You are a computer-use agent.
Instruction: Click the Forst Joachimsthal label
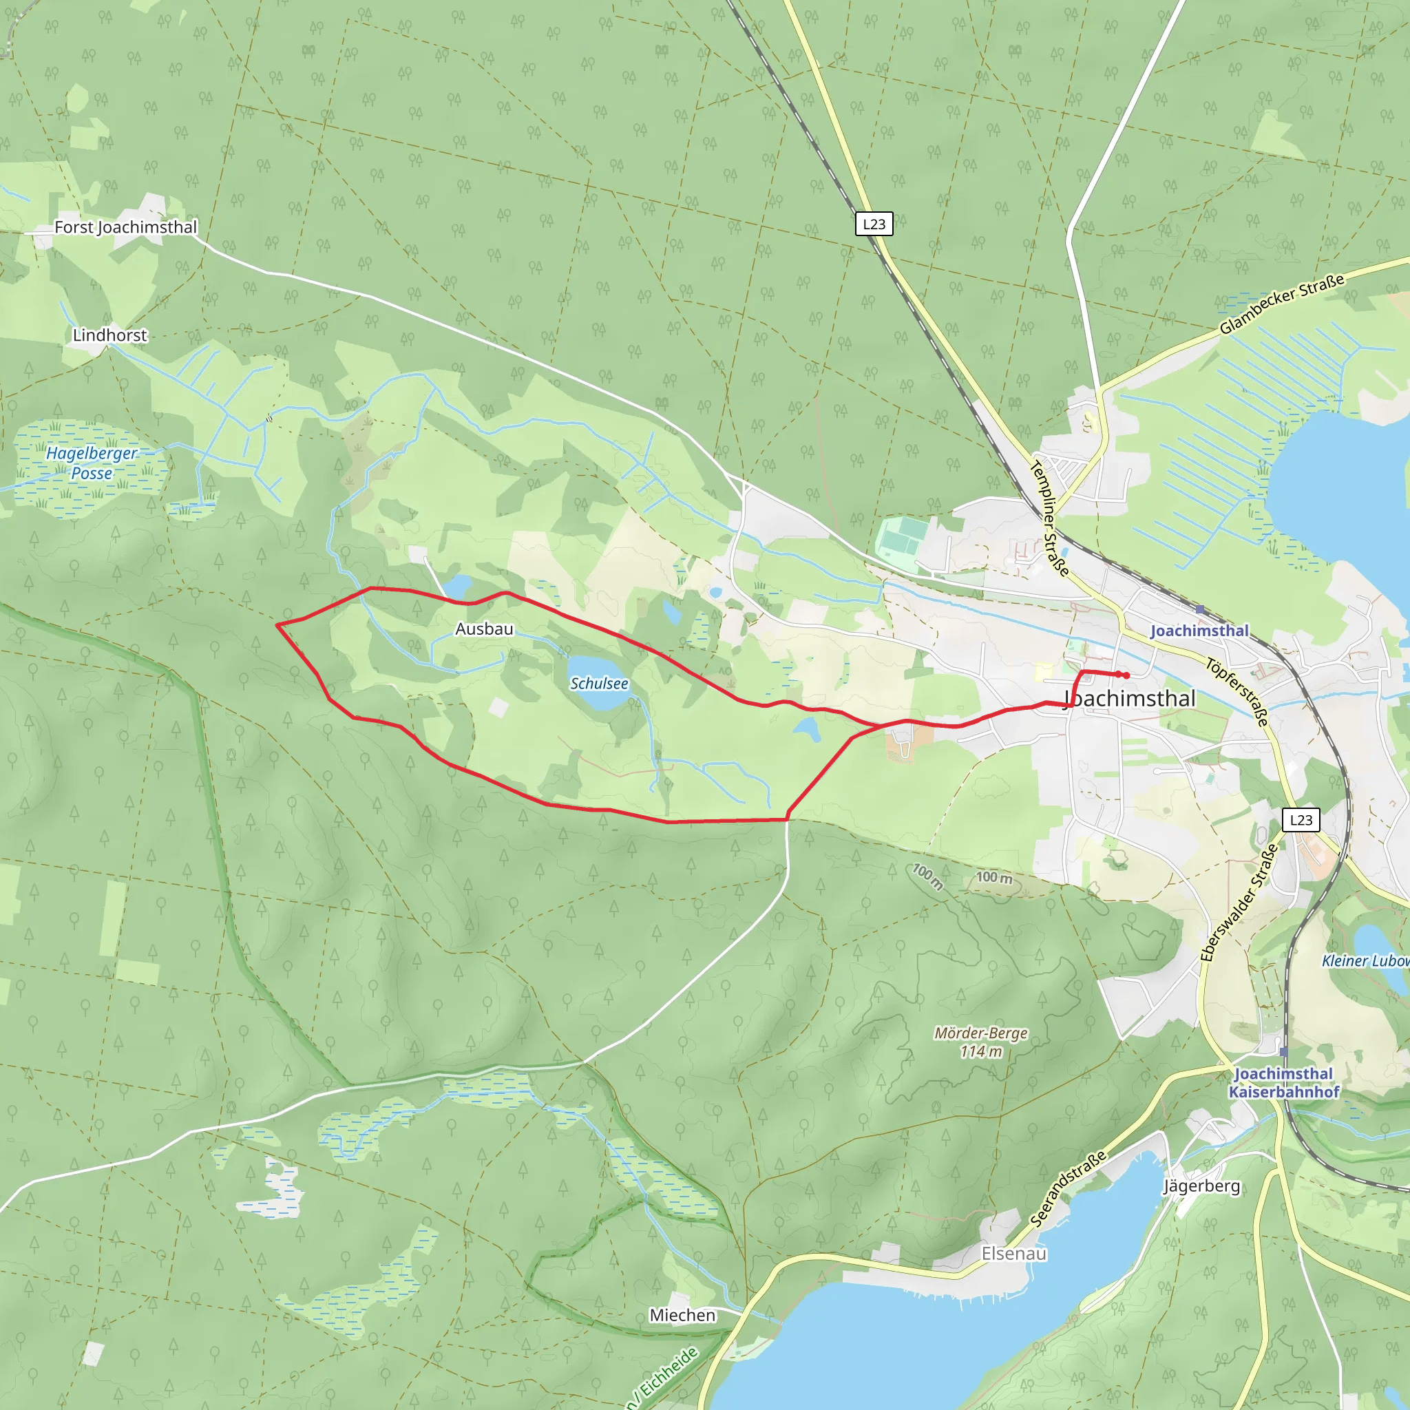125,227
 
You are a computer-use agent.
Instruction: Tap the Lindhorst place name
109,335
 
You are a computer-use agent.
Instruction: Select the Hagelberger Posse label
92,463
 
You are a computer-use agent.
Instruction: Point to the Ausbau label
484,629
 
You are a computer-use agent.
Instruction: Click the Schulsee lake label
598,683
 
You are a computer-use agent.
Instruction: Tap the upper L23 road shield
874,224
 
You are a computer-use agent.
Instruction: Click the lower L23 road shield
1301,819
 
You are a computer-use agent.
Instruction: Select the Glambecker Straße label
1281,304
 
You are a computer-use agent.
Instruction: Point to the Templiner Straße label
1049,518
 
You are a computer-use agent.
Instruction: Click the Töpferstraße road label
1237,691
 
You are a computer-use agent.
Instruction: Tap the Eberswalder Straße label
1239,902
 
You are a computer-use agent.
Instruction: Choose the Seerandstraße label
1068,1188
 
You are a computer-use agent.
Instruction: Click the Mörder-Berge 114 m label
981,1042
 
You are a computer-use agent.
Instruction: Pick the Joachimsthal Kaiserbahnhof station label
1284,1083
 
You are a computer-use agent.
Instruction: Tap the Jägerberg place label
1201,1186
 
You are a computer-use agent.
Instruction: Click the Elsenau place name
1013,1253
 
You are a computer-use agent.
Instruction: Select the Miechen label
682,1315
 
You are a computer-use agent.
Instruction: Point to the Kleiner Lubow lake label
1365,960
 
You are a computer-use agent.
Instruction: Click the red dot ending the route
1126,675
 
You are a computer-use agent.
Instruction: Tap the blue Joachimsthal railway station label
1199,631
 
